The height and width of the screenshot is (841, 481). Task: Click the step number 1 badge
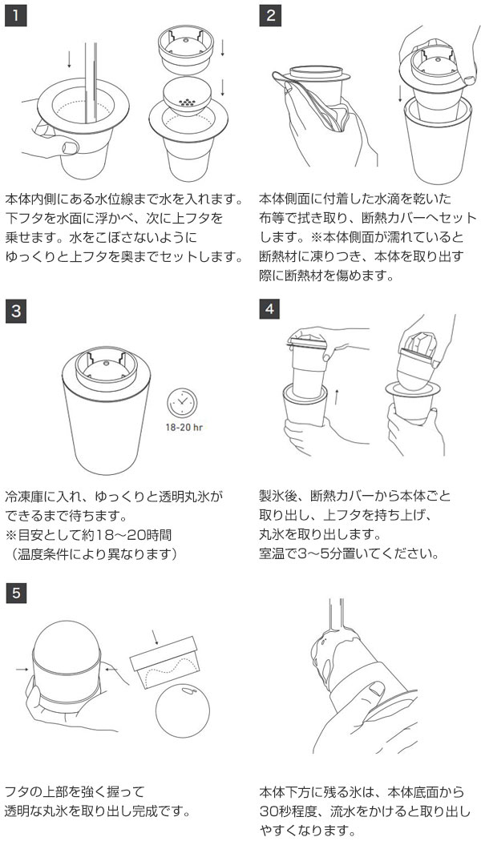tap(15, 15)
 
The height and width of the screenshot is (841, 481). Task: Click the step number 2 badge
tap(270, 15)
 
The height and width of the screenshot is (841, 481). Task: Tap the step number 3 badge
tap(15, 312)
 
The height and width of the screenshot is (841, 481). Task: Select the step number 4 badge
tap(269, 309)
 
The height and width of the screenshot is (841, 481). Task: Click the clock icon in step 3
tap(182, 403)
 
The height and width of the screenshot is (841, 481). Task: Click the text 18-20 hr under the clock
tap(183, 429)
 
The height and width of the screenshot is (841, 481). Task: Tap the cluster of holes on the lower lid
tap(187, 101)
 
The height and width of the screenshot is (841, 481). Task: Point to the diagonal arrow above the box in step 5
tap(156, 637)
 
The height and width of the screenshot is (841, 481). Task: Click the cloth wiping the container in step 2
tap(317, 102)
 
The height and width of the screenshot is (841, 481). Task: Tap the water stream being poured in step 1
tap(91, 80)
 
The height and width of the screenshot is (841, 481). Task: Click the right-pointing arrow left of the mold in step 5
tap(22, 670)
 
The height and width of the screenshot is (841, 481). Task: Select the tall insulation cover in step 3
tap(107, 413)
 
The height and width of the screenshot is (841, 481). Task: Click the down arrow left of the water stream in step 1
tap(69, 59)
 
